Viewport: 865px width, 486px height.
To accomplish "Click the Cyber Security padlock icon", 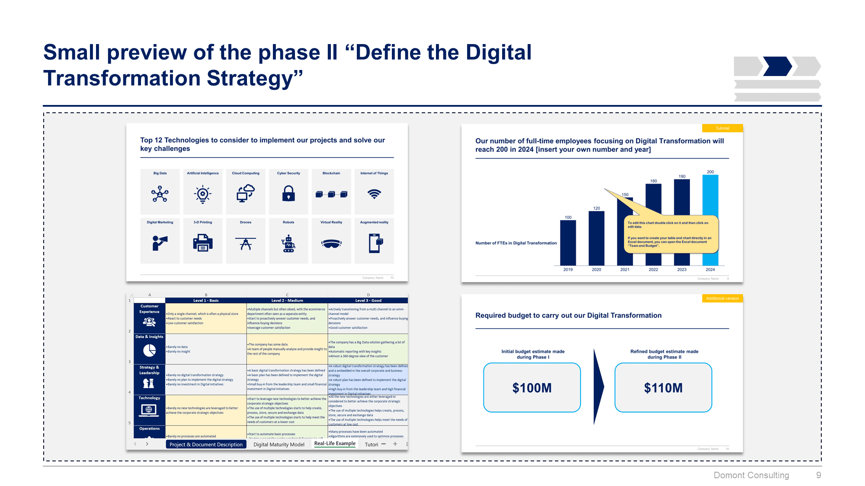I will (x=288, y=194).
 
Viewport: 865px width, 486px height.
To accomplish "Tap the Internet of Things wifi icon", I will (x=374, y=194).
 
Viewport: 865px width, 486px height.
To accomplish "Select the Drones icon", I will (x=246, y=244).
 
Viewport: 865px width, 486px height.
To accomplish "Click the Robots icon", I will (x=288, y=244).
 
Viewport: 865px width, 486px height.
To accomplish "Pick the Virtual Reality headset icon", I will (x=331, y=244).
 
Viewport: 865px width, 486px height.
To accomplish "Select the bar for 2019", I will (x=568, y=243).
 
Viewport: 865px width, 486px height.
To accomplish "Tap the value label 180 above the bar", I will (x=653, y=181).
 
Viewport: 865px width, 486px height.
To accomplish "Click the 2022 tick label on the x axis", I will (x=653, y=270).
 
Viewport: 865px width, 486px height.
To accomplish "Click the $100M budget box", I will (x=532, y=388).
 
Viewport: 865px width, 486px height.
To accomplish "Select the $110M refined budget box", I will (x=663, y=388).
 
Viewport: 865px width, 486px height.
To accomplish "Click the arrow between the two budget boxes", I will (x=598, y=387).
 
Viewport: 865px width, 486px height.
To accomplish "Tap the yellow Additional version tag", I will (x=722, y=299).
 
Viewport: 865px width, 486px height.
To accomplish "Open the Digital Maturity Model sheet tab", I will (x=279, y=445).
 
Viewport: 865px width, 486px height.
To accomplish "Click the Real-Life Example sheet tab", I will (x=335, y=444).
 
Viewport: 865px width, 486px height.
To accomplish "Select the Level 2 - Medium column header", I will (x=287, y=300).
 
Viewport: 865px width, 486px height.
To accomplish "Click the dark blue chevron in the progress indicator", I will (x=777, y=66).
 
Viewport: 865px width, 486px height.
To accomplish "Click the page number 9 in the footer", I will (x=818, y=475).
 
